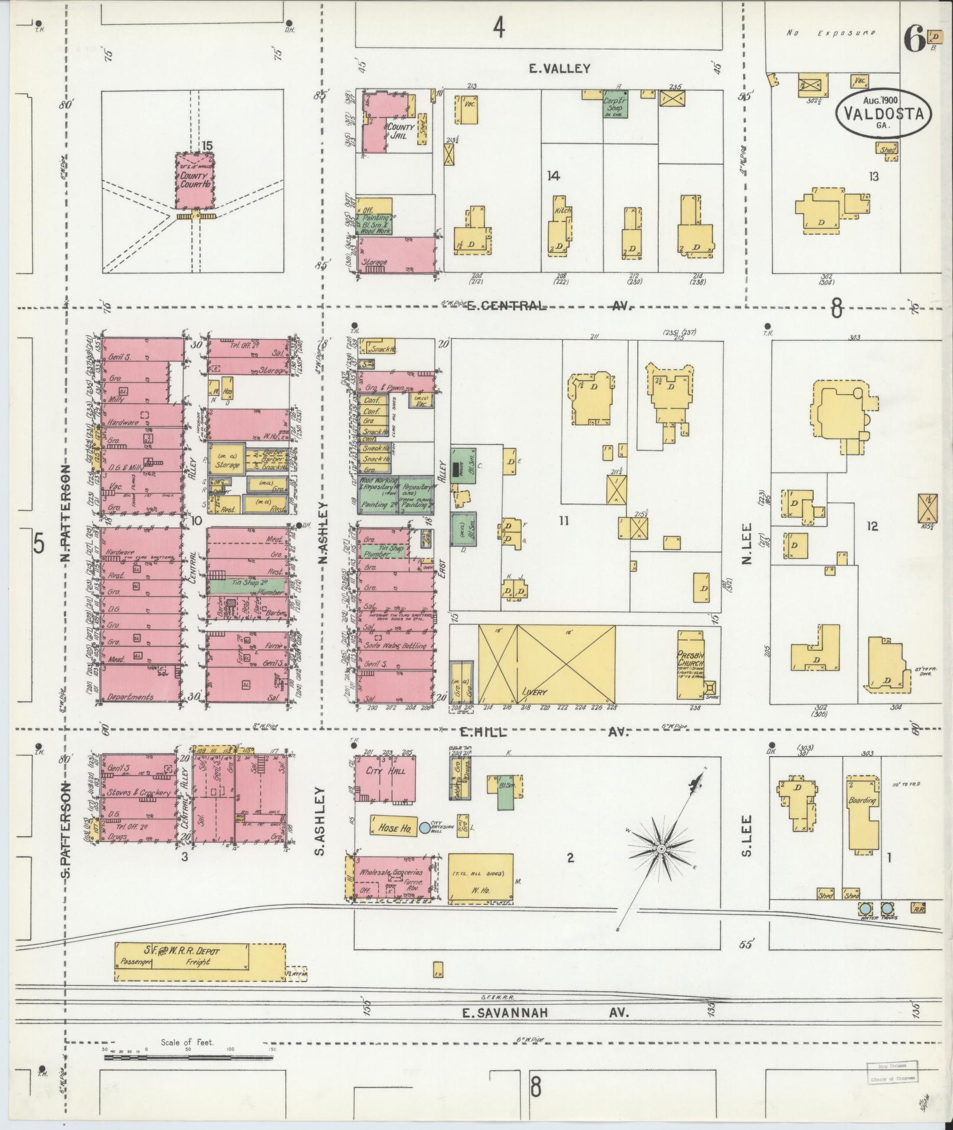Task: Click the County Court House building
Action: (194, 180)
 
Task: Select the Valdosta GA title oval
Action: (883, 113)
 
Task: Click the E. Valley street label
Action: (559, 69)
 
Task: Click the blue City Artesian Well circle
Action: (424, 828)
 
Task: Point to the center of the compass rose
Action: (661, 849)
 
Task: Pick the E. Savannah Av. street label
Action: (545, 1012)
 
